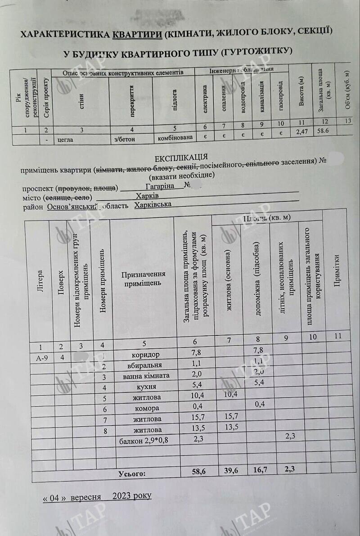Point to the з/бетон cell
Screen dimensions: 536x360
point(125,139)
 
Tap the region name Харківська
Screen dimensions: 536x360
point(153,205)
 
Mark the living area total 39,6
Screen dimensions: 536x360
point(229,471)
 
